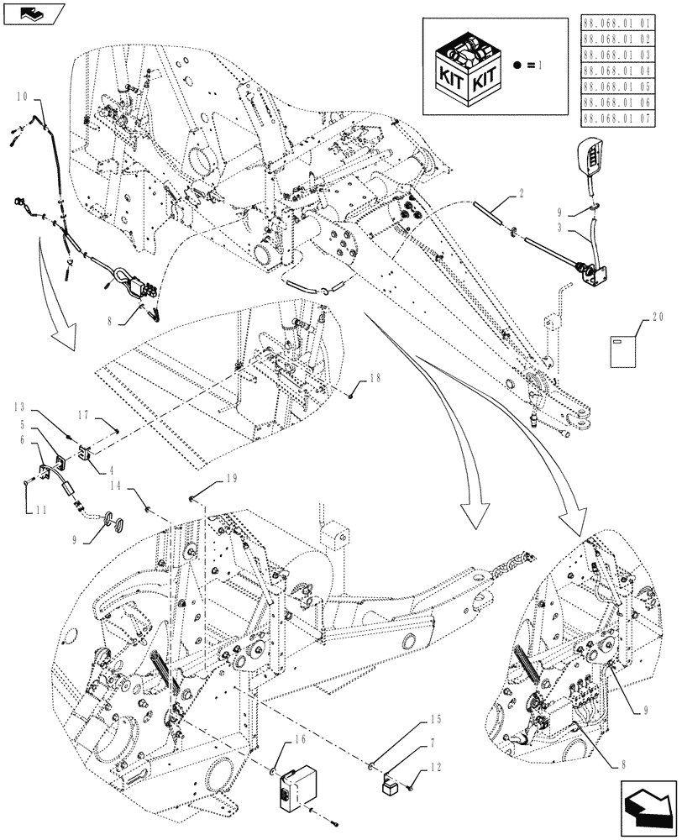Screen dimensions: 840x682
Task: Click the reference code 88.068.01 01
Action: click(x=628, y=23)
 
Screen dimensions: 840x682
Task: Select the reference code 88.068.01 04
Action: click(x=628, y=71)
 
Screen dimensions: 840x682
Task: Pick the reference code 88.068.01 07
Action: click(x=628, y=118)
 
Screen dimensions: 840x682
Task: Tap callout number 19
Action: click(x=232, y=479)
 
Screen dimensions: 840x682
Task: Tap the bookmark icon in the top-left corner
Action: click(x=32, y=13)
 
